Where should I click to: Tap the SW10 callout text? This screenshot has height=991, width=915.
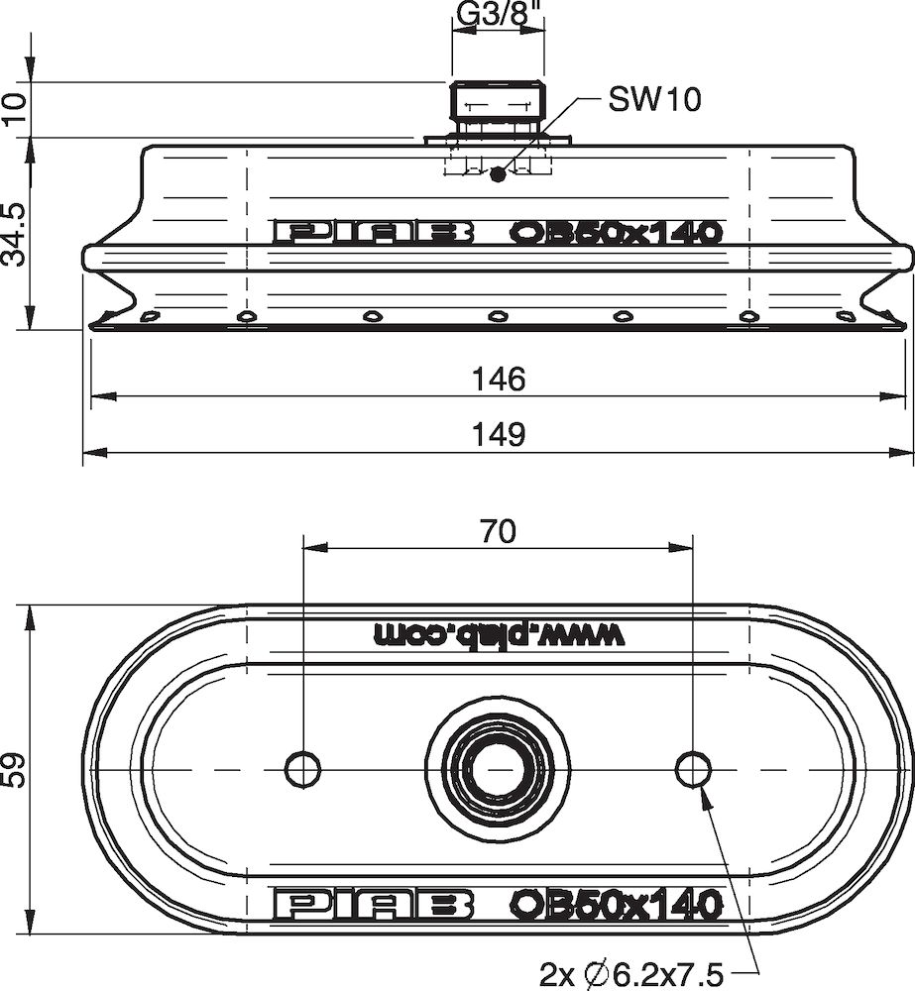[x=654, y=99]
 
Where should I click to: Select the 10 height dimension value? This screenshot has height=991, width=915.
[x=15, y=109]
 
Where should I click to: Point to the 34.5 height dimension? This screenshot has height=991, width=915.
[x=15, y=236]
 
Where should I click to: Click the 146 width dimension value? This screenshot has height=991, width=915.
[x=498, y=379]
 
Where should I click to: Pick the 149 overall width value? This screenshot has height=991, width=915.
[x=498, y=433]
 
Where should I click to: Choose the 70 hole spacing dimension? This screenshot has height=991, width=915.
[x=498, y=532]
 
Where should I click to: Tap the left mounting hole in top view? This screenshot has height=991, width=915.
[x=302, y=769]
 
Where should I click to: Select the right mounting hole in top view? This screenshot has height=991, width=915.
[x=693, y=769]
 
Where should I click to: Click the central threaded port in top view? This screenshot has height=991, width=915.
[x=498, y=769]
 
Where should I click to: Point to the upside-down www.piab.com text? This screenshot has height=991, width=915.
[x=500, y=634]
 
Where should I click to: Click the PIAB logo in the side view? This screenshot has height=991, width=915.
[x=373, y=232]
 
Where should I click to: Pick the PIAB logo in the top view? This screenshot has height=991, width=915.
[x=373, y=904]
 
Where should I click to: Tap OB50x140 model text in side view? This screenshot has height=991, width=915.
[x=615, y=232]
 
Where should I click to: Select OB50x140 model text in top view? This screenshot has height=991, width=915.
[x=615, y=904]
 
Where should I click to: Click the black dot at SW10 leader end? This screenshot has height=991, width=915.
[x=498, y=174]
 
